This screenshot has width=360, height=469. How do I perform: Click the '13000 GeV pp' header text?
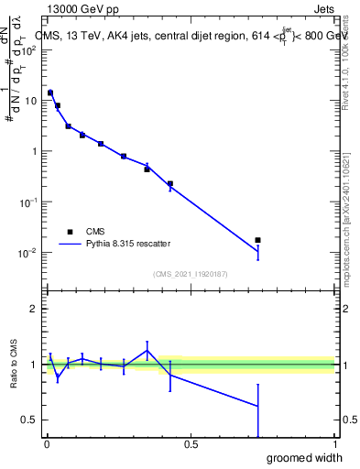pyautogui.click(x=81, y=8)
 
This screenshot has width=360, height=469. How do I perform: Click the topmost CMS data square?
pyautogui.click(x=50, y=93)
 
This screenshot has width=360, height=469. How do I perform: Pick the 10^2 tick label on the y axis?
pyautogui.click(x=29, y=49)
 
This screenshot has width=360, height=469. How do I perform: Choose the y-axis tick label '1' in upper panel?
pyautogui.click(x=36, y=151)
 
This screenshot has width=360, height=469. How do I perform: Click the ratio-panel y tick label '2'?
pyautogui.click(x=35, y=309)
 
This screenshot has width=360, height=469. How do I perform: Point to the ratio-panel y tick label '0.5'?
pyautogui.click(x=30, y=420)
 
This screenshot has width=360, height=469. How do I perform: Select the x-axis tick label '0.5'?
pyautogui.click(x=190, y=444)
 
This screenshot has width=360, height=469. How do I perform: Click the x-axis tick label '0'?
pyautogui.click(x=46, y=444)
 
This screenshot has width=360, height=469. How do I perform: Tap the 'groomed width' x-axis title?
pyautogui.click(x=305, y=457)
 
